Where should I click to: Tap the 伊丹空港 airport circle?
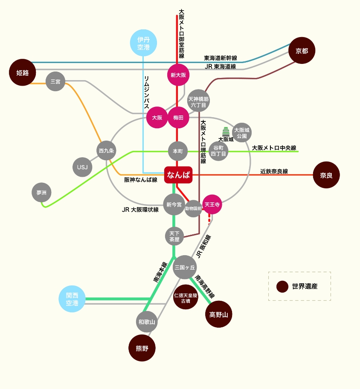pos(143,43)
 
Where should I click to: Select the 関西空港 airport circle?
pos(72,299)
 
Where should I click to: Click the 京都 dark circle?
pos(302,51)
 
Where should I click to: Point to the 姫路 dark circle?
pos(22,72)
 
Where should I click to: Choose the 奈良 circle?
pos(326,175)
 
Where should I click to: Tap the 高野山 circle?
pos(219,314)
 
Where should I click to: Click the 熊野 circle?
pos(142,348)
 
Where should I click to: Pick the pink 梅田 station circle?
pos(178,118)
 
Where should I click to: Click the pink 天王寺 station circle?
pos(212,205)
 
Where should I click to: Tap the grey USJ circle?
pos(82,167)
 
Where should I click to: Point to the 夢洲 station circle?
pos(41,193)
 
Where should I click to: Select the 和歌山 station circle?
pos(147,322)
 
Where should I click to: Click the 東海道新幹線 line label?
pos(221,58)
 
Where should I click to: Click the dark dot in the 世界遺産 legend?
pos(282,287)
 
